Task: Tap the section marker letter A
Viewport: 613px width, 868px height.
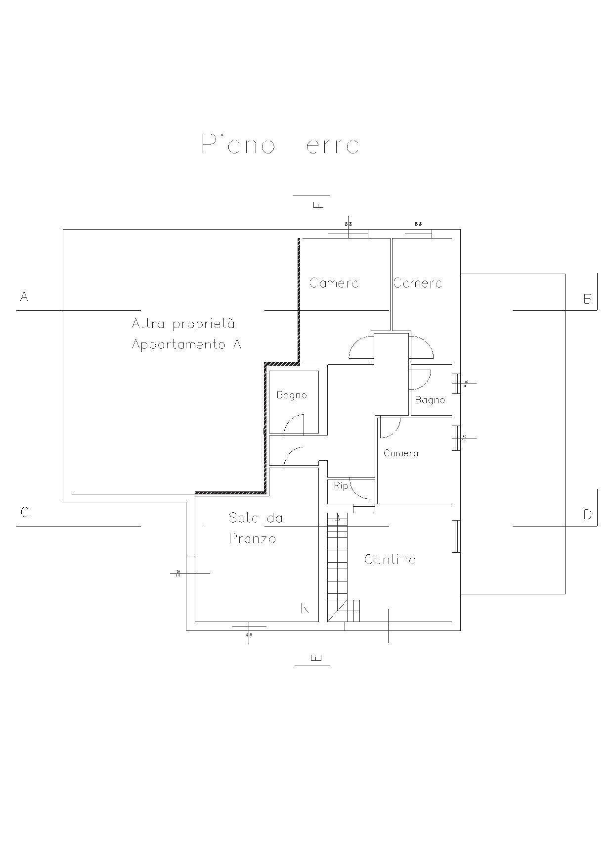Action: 24,296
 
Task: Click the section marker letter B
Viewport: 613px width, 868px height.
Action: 587,299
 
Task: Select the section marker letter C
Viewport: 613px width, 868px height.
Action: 25,512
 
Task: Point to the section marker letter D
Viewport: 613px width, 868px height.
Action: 587,515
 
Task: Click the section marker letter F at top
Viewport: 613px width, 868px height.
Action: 319,204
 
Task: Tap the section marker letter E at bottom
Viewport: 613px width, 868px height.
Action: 316,657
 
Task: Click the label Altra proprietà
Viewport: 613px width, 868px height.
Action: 183,324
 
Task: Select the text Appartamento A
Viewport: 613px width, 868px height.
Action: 186,344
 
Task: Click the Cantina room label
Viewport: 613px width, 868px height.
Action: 390,560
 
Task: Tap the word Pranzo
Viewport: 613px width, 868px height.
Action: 252,538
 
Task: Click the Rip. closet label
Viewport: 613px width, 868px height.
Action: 341,486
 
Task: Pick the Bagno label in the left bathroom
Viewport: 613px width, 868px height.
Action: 292,395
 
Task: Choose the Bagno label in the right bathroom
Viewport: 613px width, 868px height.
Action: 430,400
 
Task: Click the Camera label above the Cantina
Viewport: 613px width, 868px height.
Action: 401,453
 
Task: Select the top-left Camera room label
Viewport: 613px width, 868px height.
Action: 334,283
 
